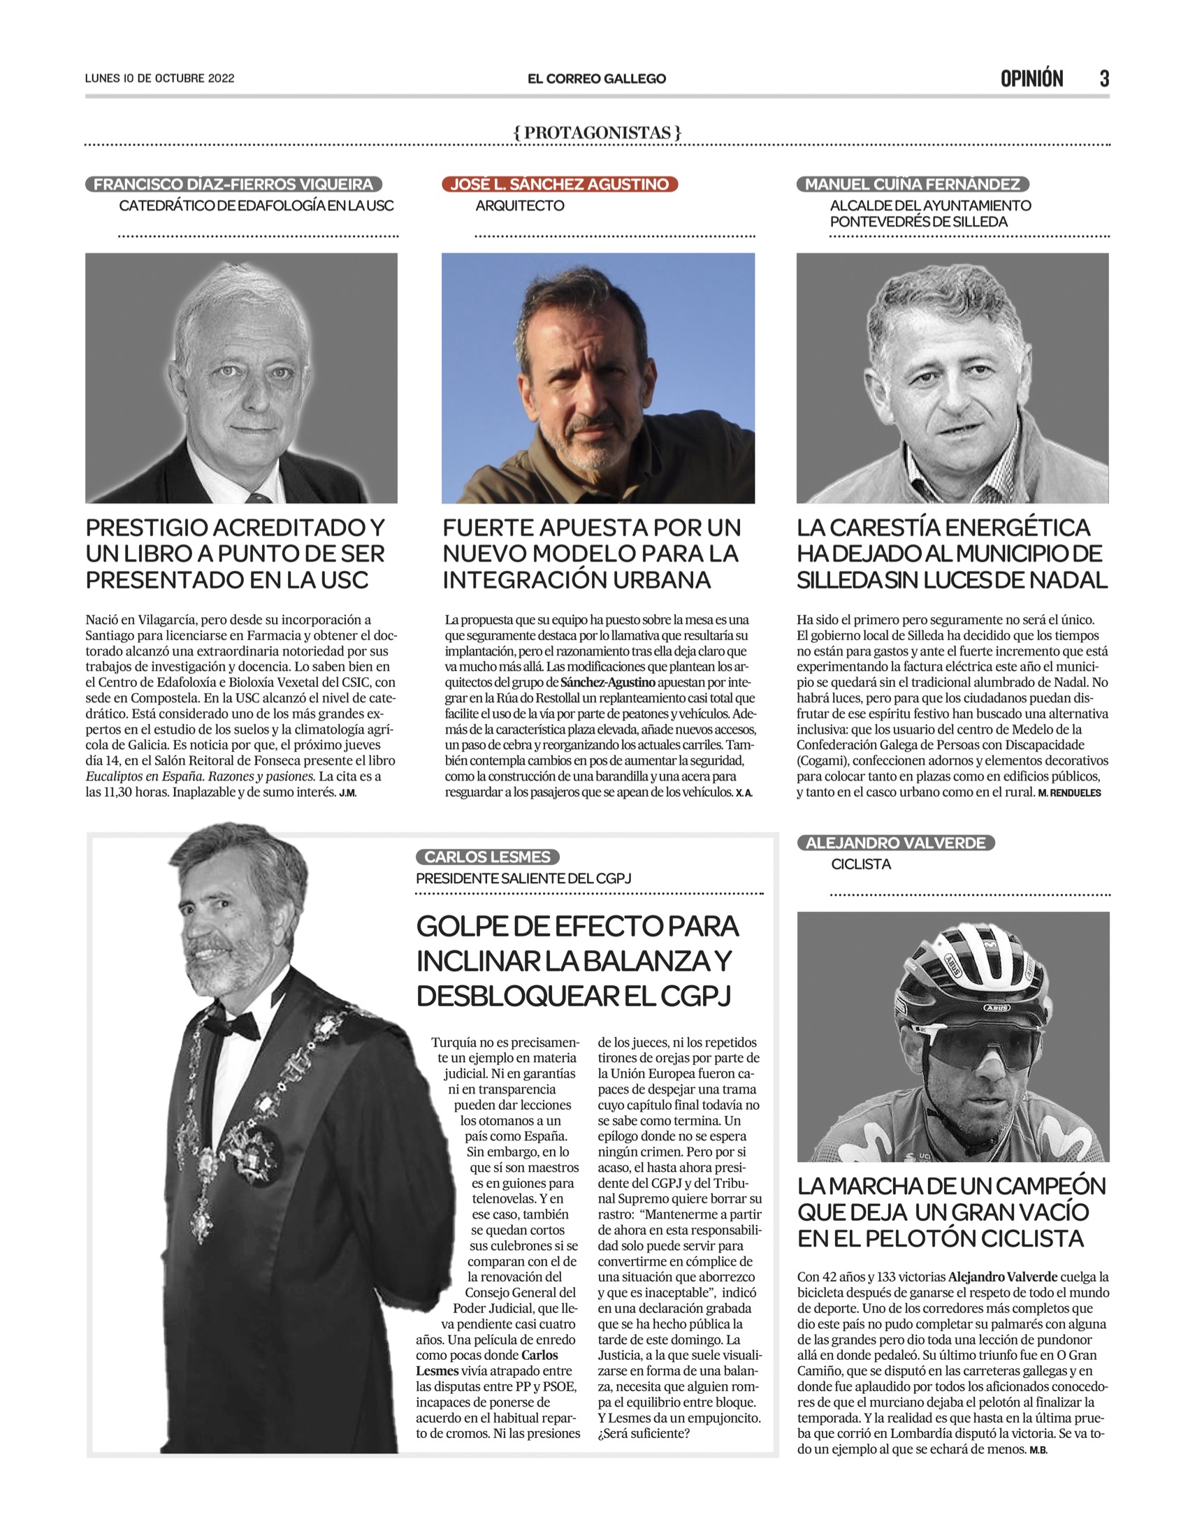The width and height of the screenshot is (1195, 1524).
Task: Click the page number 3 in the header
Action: point(1104,78)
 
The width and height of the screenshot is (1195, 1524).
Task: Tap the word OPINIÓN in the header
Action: point(1031,78)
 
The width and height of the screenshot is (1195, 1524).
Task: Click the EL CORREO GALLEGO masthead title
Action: point(597,79)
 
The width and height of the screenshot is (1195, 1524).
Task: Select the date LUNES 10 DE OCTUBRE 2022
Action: point(159,78)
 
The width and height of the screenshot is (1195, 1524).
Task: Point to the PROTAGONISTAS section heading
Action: point(597,132)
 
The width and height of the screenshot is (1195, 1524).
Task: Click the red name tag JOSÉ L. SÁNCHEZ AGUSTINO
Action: point(560,184)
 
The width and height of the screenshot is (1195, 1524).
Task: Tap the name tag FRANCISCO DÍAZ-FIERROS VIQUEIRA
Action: point(233,184)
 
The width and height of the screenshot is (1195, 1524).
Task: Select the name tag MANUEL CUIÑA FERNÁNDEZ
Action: point(913,184)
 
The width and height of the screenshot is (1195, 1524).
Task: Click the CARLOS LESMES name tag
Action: point(488,857)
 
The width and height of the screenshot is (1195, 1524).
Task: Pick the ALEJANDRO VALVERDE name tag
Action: point(895,843)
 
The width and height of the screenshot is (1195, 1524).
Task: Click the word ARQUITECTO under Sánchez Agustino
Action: point(520,205)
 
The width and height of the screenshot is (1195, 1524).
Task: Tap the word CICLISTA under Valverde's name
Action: point(861,864)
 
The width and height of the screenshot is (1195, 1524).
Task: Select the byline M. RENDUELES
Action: point(1070,793)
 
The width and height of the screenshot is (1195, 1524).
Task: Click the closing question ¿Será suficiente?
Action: point(644,1433)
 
